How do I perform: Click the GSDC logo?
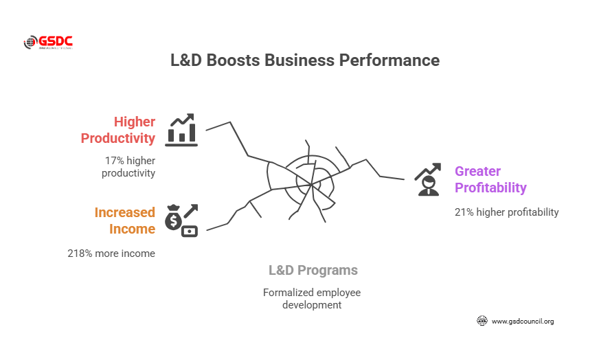tap(48, 43)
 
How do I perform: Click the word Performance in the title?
tap(389, 60)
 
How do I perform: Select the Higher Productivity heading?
tap(118, 130)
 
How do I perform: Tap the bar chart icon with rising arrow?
tap(182, 130)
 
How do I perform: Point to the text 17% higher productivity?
tap(128, 167)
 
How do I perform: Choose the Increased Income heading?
tap(124, 221)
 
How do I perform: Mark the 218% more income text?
tap(111, 254)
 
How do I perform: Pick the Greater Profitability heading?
tap(490, 179)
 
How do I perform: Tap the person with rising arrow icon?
tap(427, 179)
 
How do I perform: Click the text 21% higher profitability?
tap(506, 212)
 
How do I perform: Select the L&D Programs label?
tap(313, 271)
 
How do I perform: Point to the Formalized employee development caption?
tap(312, 298)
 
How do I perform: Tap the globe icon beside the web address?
tap(482, 321)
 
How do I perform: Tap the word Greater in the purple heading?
tap(477, 171)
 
